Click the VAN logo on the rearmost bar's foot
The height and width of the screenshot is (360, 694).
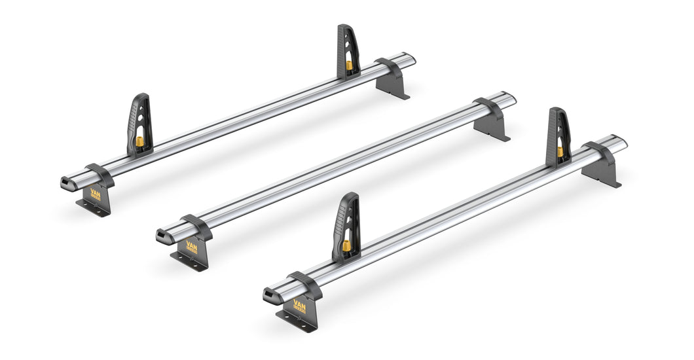point(96,194)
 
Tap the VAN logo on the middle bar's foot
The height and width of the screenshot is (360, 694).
point(191,246)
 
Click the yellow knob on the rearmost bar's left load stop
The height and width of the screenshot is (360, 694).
point(139,141)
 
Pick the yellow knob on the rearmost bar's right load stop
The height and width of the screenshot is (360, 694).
point(349,65)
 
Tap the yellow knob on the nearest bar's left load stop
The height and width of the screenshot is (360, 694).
point(346,245)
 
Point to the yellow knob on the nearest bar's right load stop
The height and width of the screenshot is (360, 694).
point(560,151)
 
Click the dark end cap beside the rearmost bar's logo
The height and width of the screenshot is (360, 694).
point(67,183)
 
